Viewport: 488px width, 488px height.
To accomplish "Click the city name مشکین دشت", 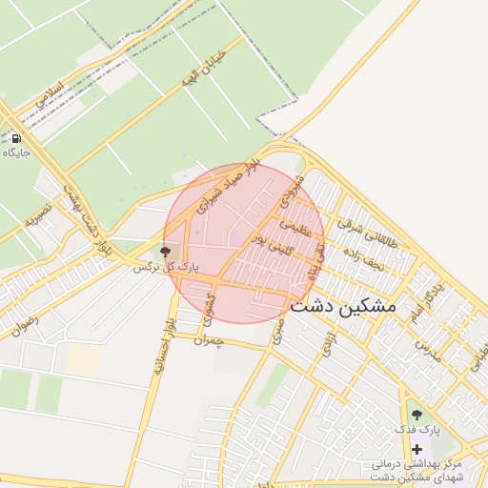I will click(x=342, y=306).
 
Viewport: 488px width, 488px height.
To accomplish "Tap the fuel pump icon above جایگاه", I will click(x=16, y=138).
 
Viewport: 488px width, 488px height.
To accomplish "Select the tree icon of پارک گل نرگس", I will click(x=166, y=252).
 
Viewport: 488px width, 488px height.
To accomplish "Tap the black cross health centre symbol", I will click(x=417, y=448).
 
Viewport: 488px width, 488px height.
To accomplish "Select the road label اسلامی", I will click(x=50, y=91).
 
